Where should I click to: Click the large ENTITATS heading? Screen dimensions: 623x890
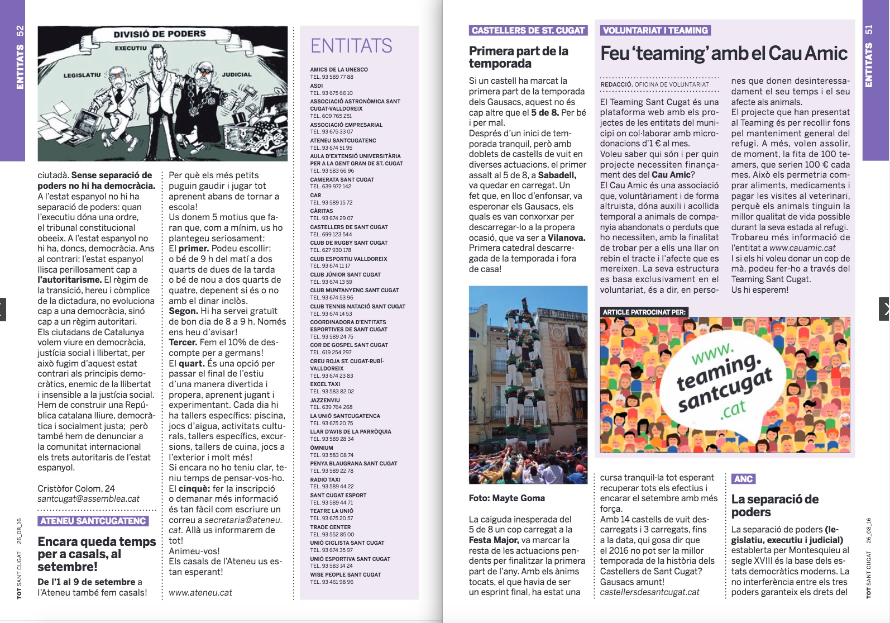click(351, 46)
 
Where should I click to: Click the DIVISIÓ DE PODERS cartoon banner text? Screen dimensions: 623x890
click(160, 34)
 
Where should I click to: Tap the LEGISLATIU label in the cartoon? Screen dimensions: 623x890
click(82, 75)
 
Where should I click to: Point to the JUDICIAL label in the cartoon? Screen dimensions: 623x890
click(237, 74)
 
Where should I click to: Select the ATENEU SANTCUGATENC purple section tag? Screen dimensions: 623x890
click(93, 521)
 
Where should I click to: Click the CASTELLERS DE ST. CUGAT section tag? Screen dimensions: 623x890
click(528, 30)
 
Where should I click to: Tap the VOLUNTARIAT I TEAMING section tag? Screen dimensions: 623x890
click(655, 30)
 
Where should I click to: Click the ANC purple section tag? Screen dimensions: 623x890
click(743, 479)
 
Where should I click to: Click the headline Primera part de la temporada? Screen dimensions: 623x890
click(518, 57)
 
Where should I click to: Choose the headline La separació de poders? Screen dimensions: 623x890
click(775, 506)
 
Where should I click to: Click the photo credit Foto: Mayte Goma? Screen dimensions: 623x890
click(506, 498)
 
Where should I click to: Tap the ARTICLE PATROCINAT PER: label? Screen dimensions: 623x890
click(644, 312)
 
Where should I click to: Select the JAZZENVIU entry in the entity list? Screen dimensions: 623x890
click(325, 400)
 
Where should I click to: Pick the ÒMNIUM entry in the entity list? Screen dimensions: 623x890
click(322, 448)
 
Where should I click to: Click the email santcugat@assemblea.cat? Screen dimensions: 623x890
click(88, 499)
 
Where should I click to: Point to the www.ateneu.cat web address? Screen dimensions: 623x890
click(200, 592)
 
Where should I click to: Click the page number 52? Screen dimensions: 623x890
click(20, 31)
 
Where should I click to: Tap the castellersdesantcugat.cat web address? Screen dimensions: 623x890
click(649, 592)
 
